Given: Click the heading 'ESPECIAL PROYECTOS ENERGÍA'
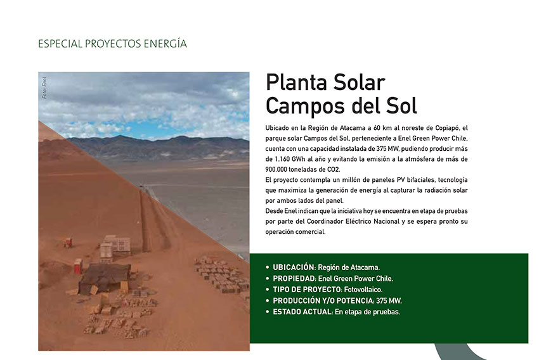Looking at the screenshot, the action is point(112,44).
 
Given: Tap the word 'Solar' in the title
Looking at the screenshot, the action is point(360,82).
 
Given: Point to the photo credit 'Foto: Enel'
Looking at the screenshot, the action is point(44,87).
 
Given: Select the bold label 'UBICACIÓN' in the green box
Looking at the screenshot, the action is point(294,267).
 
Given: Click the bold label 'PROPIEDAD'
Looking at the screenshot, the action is point(294,279).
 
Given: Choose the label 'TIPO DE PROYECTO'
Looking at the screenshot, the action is point(307,290).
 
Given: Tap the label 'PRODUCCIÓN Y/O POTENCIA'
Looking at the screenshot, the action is point(323,301).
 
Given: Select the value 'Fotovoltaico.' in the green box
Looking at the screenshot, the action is point(363,290).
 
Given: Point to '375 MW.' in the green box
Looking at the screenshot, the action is point(389,301).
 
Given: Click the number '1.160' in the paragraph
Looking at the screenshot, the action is point(282,159).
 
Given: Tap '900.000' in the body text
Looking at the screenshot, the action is point(276,169).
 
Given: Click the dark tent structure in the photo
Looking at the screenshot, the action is point(104,278).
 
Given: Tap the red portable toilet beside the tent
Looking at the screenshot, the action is point(78,266).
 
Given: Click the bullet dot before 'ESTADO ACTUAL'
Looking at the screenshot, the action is point(268,312).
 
